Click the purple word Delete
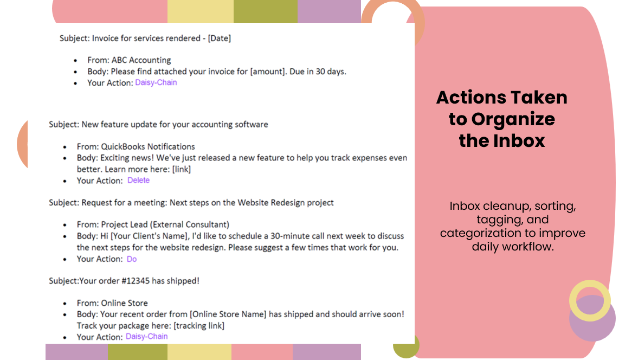pyautogui.click(x=138, y=180)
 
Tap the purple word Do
pyautogui.click(x=131, y=259)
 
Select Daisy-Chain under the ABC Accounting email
pyautogui.click(x=156, y=82)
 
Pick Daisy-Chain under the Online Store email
pyautogui.click(x=146, y=336)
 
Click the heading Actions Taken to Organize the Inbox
pyautogui.click(x=502, y=119)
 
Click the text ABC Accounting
pyautogui.click(x=141, y=60)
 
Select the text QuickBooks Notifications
pyautogui.click(x=147, y=146)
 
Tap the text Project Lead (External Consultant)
pyautogui.click(x=165, y=224)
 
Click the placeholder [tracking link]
pyautogui.click(x=198, y=326)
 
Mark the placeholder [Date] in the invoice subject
pyautogui.click(x=220, y=38)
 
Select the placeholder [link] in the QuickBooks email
pyautogui.click(x=181, y=169)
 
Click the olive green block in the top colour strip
pyautogui.click(x=265, y=11)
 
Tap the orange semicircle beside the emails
pyautogui.click(x=23, y=144)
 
